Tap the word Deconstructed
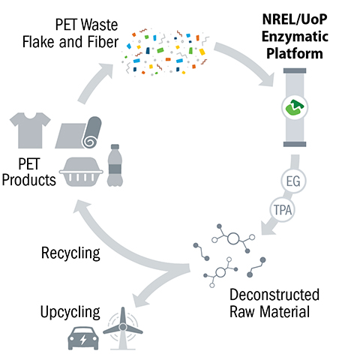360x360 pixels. tap(274, 293)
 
